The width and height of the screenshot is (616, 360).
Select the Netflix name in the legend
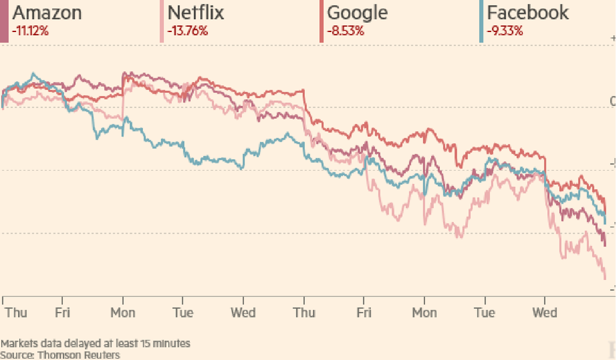tap(195, 12)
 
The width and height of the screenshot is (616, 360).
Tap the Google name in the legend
tap(358, 12)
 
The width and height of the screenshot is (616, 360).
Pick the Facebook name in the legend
tap(528, 12)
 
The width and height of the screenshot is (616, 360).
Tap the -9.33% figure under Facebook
tap(505, 30)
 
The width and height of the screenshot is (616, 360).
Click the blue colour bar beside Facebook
tap(480, 22)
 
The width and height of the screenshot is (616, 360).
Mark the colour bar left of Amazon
tap(4, 22)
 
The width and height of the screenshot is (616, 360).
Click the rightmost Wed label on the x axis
tap(545, 313)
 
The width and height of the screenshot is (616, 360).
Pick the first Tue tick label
tap(182, 313)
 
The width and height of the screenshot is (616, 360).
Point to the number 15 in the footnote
tap(135, 343)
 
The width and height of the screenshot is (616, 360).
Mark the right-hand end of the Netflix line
tap(606, 278)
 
